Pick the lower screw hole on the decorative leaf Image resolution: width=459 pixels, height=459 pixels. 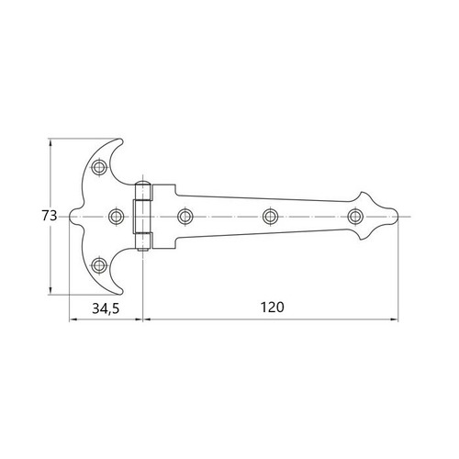[99, 266]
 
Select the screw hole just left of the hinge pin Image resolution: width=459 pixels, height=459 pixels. [117, 216]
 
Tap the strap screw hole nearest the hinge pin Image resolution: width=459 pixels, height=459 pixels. [185, 216]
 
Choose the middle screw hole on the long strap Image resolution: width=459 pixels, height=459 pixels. [270, 216]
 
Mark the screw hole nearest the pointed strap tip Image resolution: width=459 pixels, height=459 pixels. [355, 216]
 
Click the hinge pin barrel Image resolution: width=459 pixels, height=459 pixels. [143, 216]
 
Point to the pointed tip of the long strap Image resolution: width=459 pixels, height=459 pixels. [401, 216]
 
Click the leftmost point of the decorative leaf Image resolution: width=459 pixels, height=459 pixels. [71, 216]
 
